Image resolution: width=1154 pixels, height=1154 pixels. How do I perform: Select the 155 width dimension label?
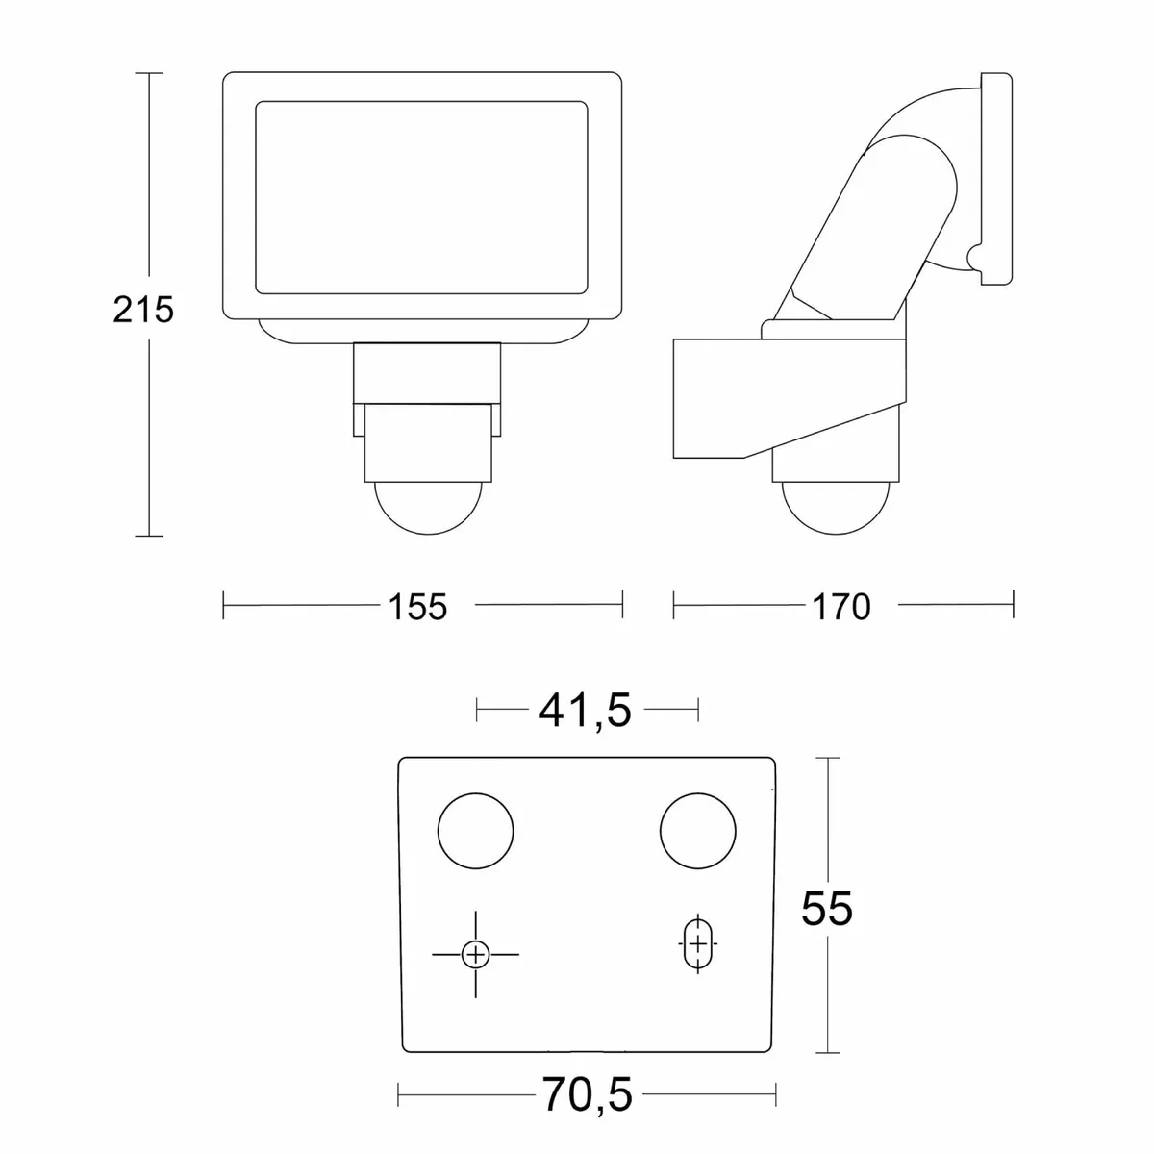[x=418, y=606]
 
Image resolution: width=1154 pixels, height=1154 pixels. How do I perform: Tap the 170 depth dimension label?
[x=840, y=606]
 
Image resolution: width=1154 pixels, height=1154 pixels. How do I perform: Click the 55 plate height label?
[x=827, y=908]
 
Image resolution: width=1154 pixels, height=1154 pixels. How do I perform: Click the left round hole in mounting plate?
[x=476, y=830]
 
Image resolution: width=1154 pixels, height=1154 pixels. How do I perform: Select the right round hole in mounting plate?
[x=698, y=830]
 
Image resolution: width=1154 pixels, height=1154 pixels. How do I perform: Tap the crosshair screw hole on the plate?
[x=475, y=954]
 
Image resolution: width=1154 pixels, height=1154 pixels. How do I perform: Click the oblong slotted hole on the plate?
[x=696, y=943]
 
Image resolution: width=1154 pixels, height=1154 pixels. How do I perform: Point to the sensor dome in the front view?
[x=431, y=506]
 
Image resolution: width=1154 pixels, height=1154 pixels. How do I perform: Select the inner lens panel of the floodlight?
[x=421, y=196]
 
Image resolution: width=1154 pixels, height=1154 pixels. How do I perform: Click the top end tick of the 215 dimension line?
[x=148, y=72]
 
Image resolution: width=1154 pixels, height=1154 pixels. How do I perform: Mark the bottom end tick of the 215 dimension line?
[x=148, y=536]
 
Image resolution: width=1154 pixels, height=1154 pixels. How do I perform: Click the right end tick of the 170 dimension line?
[x=1014, y=605]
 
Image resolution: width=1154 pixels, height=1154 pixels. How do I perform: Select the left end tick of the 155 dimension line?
[x=223, y=605]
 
